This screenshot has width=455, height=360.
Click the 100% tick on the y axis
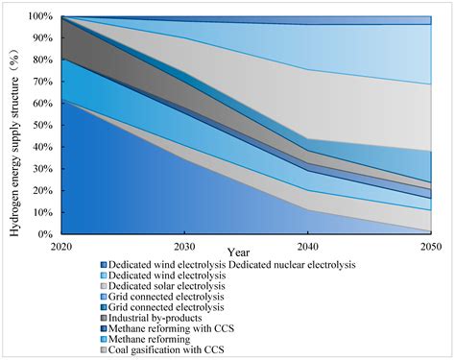coord(41,16)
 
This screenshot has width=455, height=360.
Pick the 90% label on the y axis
coord(43,38)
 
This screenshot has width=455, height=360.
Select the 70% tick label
coord(43,82)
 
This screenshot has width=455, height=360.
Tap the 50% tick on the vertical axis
coord(43,125)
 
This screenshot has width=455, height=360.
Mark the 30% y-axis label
coord(43,168)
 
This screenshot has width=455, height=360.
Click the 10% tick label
coord(43,211)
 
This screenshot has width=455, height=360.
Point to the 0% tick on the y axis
coord(46,233)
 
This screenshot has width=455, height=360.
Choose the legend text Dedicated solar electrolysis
coord(169,286)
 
